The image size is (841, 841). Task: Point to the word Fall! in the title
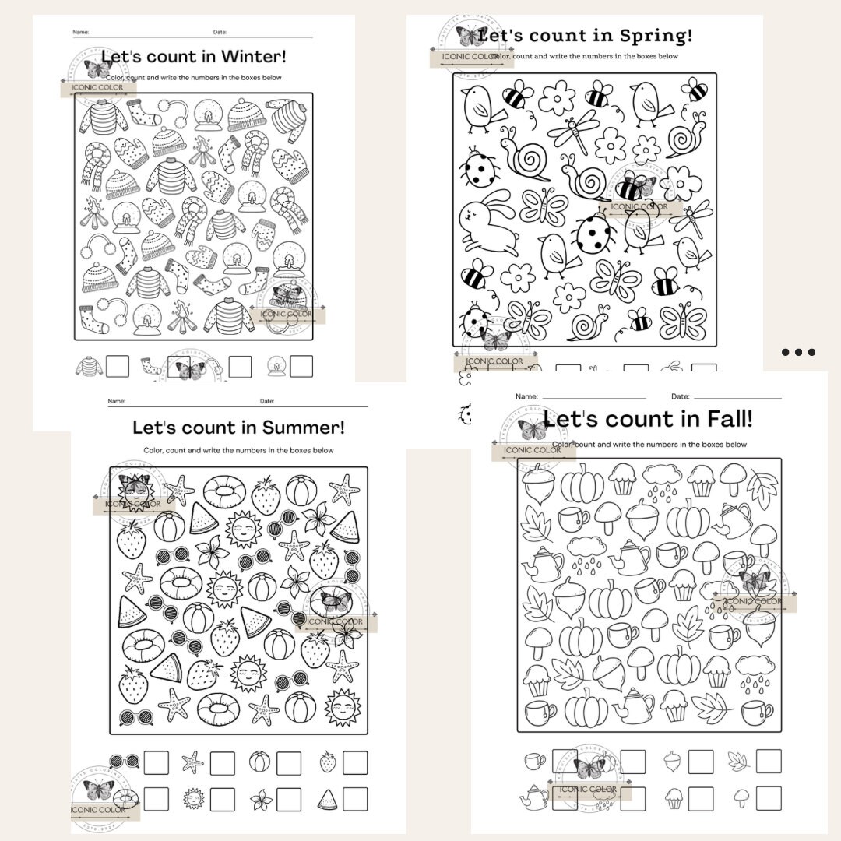click(725, 420)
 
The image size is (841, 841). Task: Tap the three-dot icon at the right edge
click(798, 352)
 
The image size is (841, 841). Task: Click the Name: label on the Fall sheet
click(526, 397)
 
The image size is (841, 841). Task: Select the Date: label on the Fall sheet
click(680, 397)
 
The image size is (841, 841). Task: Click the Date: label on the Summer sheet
click(267, 402)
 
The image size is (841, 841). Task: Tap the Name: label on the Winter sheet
click(81, 32)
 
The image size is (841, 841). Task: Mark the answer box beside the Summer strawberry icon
click(355, 762)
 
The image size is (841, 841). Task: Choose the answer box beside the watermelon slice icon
click(355, 799)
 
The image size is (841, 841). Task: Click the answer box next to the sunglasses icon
click(156, 762)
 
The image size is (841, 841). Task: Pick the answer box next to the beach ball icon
click(289, 762)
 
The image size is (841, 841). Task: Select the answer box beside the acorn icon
click(701, 762)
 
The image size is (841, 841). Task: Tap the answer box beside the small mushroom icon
click(769, 797)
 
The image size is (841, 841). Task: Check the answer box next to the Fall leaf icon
click(769, 762)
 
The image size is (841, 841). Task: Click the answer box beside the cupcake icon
click(701, 797)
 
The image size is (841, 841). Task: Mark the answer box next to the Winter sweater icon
click(118, 366)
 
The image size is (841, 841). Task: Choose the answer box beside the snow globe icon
click(301, 366)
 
